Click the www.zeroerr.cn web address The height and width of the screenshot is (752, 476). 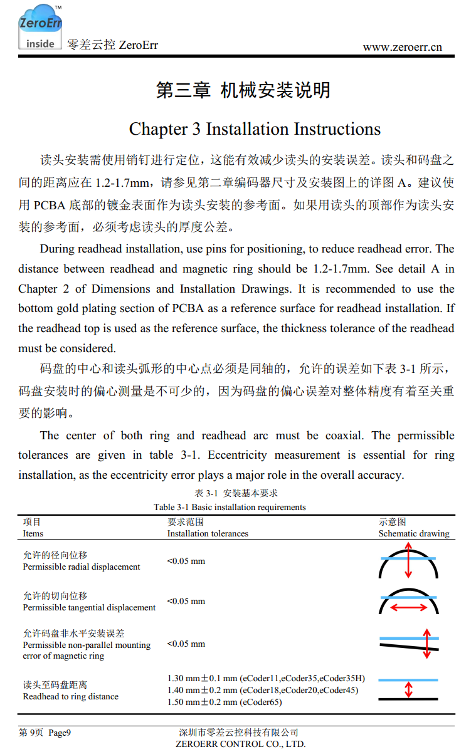[x=402, y=47]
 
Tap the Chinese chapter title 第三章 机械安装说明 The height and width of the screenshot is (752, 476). [x=243, y=90]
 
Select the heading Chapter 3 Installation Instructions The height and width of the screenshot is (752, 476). [x=255, y=129]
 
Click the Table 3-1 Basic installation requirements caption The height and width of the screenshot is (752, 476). [x=230, y=507]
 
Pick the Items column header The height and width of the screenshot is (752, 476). [x=33, y=533]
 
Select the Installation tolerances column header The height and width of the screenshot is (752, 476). [x=208, y=533]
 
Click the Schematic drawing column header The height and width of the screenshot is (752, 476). [x=414, y=533]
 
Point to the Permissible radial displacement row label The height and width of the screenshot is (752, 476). [x=82, y=567]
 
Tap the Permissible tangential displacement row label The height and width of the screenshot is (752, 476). [x=89, y=607]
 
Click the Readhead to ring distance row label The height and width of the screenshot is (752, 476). [x=70, y=696]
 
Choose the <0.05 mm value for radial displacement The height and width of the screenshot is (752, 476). [x=186, y=561]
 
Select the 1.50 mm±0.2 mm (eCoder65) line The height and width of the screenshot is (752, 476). [x=225, y=702]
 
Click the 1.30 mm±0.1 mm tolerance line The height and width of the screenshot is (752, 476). [x=266, y=678]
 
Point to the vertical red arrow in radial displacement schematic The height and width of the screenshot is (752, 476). [x=408, y=560]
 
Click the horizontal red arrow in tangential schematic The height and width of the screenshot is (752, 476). [x=408, y=607]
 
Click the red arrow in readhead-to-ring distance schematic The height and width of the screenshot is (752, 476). [x=408, y=689]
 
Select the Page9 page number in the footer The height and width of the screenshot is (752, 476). [x=60, y=733]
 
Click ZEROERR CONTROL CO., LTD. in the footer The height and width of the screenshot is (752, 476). [x=241, y=744]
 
